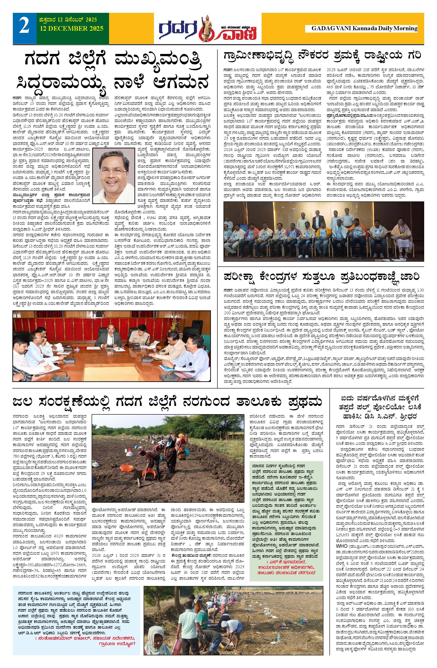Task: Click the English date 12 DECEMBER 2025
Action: point(71,28)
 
